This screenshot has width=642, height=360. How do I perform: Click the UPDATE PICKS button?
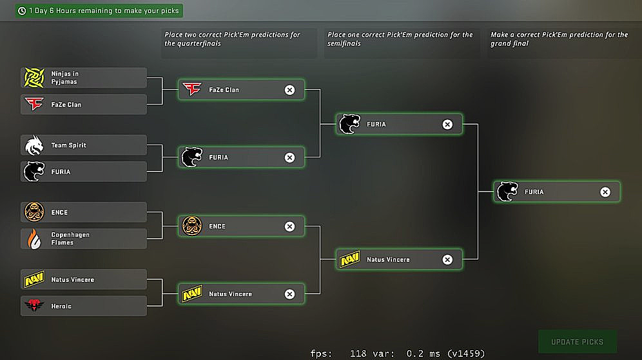[577, 342]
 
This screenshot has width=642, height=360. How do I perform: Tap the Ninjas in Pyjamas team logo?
[34, 78]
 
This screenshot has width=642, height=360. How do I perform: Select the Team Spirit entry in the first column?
[83, 145]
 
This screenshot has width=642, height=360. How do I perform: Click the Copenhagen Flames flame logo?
[34, 239]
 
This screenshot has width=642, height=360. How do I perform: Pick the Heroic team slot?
[83, 306]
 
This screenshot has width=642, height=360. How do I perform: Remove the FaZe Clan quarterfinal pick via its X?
[289, 90]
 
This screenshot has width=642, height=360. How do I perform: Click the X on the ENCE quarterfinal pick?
[289, 226]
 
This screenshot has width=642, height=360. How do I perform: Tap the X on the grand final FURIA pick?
[605, 192]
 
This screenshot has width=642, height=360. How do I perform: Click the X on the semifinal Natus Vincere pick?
[447, 259]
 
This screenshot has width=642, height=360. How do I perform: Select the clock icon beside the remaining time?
[23, 11]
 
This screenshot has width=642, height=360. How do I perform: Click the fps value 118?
[358, 354]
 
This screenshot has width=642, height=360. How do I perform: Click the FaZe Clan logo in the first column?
[34, 104]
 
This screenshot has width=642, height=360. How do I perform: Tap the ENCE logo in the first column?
[34, 212]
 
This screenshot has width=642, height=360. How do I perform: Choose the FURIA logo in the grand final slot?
[507, 192]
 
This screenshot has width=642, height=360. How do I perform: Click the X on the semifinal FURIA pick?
[447, 124]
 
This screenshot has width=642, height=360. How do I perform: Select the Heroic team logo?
[34, 306]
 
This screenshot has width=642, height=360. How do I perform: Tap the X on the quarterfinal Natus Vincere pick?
[289, 294]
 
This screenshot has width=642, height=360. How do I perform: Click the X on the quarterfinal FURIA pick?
[289, 157]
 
